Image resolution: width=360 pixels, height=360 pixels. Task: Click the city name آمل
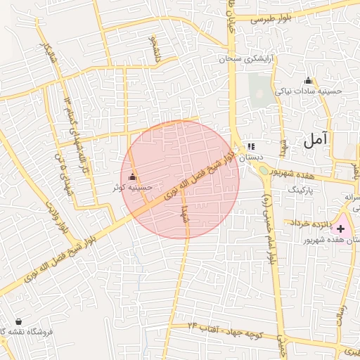tap(318, 140)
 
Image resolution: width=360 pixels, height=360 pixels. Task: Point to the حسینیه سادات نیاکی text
tap(307, 91)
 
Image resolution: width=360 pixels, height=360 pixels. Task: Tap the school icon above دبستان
tap(251, 148)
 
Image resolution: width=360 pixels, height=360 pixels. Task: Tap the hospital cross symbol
tap(341, 229)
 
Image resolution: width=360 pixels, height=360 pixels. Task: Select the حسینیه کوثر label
tap(133, 188)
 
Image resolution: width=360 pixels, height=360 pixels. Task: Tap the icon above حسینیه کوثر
tap(133, 177)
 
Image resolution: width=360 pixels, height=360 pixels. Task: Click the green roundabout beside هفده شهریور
tap(263, 169)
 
